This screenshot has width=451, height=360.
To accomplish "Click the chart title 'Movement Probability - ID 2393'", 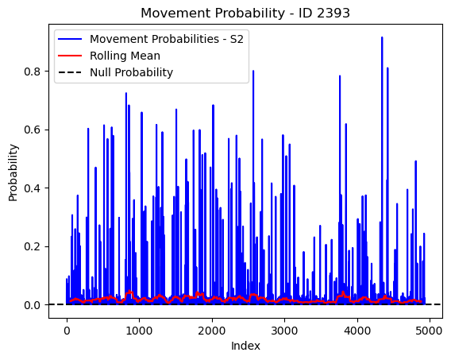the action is click(x=245, y=13).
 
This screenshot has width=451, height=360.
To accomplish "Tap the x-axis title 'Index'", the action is click(x=245, y=346).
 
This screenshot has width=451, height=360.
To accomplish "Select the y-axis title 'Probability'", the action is click(x=13, y=172).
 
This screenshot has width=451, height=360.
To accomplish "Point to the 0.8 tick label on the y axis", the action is click(x=32, y=72).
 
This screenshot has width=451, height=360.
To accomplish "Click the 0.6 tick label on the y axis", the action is click(x=32, y=130).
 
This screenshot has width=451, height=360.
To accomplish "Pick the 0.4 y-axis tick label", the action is click(x=32, y=188).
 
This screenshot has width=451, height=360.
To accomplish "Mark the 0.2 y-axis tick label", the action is click(x=32, y=246).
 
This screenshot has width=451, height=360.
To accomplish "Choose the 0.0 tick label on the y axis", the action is click(x=32, y=305).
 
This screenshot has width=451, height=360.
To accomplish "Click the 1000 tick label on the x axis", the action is click(x=139, y=331).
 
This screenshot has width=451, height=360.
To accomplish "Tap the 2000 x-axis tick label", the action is click(x=212, y=331).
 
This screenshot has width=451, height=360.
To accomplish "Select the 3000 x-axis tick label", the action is click(x=284, y=331).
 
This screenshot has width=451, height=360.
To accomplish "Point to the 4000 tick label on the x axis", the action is click(x=357, y=331).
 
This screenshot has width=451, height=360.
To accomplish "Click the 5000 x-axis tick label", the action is click(x=430, y=331).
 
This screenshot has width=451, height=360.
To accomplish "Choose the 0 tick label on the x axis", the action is click(x=67, y=331).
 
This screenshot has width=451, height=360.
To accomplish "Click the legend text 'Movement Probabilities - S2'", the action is click(x=167, y=39).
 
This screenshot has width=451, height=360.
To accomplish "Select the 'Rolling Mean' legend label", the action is click(x=125, y=56).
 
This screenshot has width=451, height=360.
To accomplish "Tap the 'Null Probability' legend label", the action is click(x=132, y=72).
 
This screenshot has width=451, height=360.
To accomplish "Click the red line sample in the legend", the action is click(x=70, y=56).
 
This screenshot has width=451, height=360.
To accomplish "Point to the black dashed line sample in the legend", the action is click(x=70, y=72).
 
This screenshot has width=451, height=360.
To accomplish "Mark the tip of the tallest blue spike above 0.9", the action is click(x=382, y=37).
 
